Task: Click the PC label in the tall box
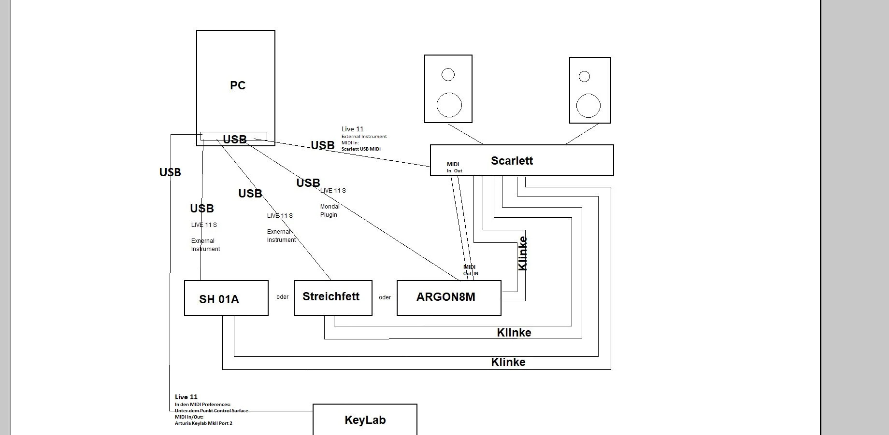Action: [x=238, y=85]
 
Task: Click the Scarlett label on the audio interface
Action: [x=512, y=161]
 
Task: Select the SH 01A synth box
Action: [x=226, y=298]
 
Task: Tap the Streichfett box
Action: [x=333, y=297]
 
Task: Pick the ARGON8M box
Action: [x=448, y=297]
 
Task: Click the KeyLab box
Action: [x=365, y=420]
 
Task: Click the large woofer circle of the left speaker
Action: [x=449, y=105]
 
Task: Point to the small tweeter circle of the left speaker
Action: [x=448, y=75]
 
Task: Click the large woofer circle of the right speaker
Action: [x=588, y=106]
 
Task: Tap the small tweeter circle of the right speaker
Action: [x=584, y=76]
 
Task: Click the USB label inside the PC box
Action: [x=235, y=140]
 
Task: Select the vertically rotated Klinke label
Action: [x=522, y=253]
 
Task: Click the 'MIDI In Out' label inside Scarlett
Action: [x=454, y=168]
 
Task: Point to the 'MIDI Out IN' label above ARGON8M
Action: [x=470, y=270]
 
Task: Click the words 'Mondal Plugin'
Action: [x=330, y=210]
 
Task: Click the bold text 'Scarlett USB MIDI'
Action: [x=361, y=149]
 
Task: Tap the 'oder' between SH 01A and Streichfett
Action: [x=283, y=297]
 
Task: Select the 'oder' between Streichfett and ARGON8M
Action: [x=385, y=297]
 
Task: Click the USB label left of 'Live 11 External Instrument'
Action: [x=323, y=145]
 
